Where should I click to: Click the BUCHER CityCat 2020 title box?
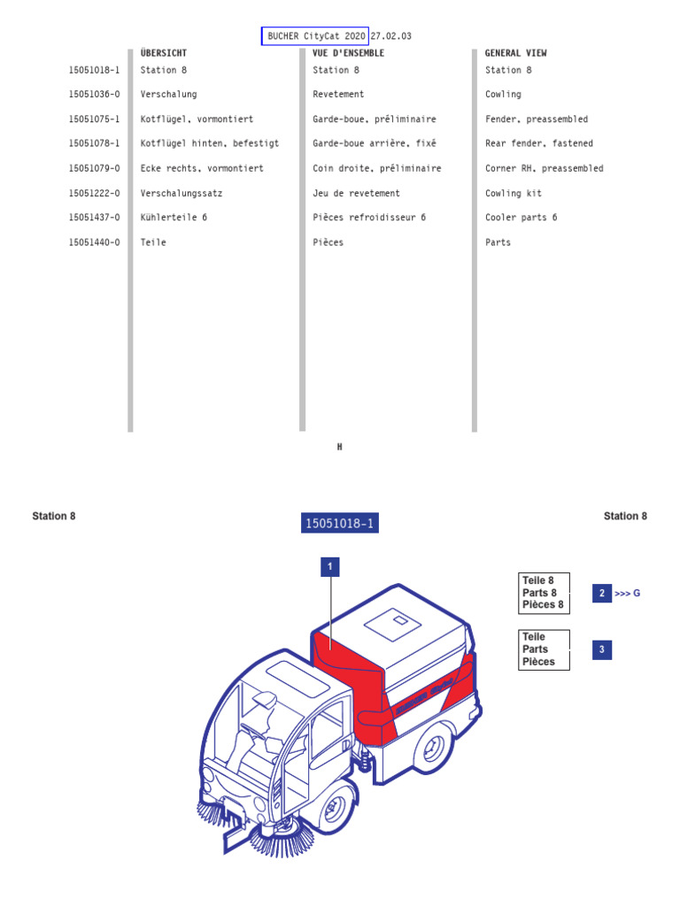315,36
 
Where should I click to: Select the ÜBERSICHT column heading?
164,53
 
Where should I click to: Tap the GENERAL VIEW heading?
515,53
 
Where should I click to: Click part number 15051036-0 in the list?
94,95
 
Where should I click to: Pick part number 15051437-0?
94,218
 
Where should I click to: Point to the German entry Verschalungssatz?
182,193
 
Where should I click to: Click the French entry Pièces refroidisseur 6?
369,218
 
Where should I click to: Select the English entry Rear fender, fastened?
539,143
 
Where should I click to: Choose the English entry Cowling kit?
514,193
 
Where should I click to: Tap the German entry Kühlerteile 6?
174,218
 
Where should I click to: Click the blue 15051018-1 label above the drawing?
340,524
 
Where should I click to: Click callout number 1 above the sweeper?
330,566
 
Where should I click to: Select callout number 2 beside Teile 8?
602,593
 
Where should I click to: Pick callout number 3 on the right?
602,650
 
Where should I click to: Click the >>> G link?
627,593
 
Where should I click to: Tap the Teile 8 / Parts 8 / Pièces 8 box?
544,593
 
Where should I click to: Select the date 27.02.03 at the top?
391,36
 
